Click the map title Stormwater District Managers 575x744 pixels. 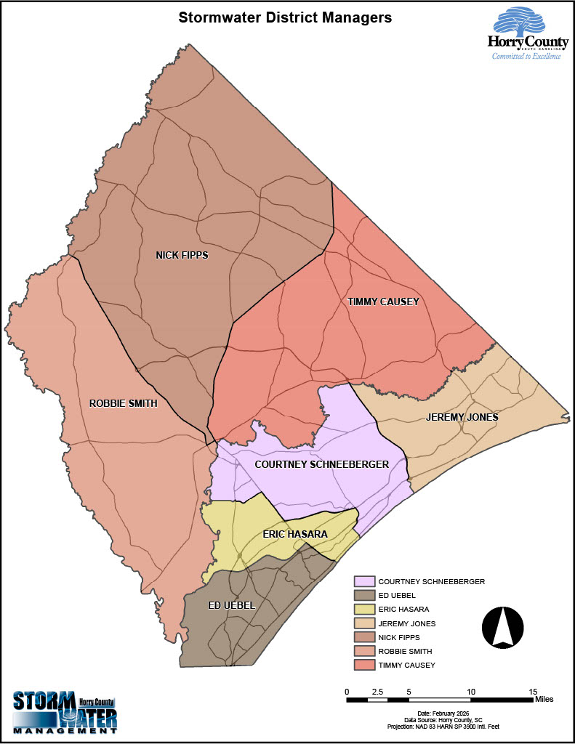pos(286,17)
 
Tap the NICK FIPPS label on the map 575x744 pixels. pos(182,255)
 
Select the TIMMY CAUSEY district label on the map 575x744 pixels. pos(383,302)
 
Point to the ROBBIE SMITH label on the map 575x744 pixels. pos(123,403)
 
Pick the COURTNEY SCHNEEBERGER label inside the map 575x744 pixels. pos(321,464)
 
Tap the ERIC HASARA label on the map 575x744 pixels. pos(294,534)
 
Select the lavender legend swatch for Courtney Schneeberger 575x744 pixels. pos(364,581)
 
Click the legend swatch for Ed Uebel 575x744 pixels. pos(364,595)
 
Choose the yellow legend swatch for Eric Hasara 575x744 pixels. pos(364,609)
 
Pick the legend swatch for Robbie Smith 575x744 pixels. pos(364,651)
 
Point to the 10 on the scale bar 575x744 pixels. pos(471,691)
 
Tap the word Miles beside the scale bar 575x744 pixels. pos(544,700)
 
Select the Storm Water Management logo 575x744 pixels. pos(65,713)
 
